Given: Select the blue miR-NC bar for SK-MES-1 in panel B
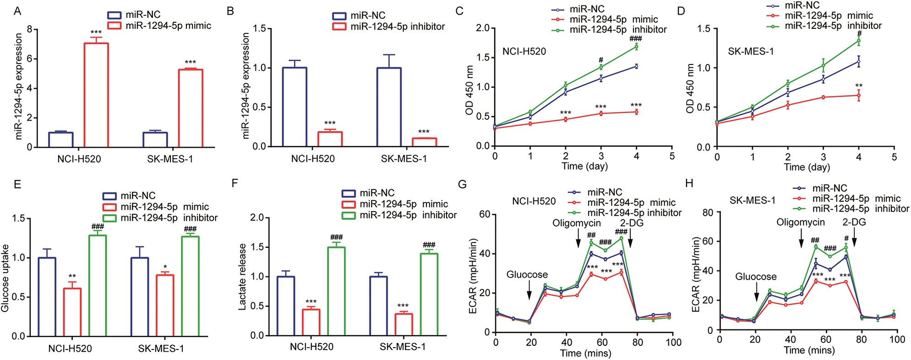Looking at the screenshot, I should coord(389,107).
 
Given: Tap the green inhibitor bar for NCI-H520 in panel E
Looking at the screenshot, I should coord(97,286).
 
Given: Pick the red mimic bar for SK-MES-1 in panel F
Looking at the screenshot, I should coord(404,324).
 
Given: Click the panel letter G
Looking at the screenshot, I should coord(462,184).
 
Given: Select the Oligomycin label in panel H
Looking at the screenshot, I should coord(800,222).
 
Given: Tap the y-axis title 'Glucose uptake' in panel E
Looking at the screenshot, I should coord(5,278).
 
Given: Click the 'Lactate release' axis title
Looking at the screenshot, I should coord(242,277).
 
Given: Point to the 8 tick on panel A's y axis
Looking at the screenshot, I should coord(30,30).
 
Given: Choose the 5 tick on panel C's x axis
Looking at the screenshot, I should coord(672,156).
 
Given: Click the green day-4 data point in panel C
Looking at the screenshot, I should coord(636,47).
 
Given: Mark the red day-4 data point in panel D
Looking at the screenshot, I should coord(859,95).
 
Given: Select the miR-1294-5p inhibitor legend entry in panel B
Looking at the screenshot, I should coord(389,26).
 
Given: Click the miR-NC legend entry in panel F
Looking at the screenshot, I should coord(368,193).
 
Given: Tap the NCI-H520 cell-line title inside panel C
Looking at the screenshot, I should coord(524,52).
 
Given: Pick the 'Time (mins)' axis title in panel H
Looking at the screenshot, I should coord(809,350).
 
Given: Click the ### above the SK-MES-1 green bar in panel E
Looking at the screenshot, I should coord(190,229).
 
